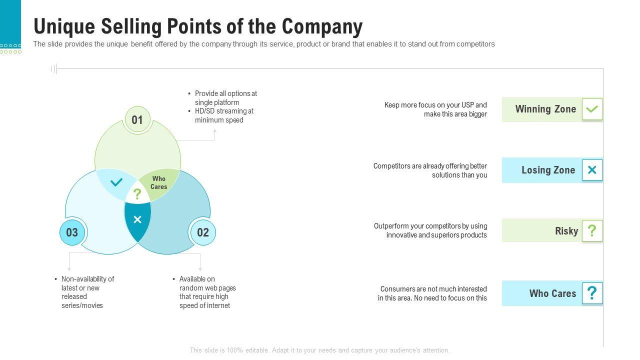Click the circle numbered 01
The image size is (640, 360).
coord(137,120)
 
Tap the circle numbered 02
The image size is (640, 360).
coord(202,232)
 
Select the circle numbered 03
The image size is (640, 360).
coord(72,232)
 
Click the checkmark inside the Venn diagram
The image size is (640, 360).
coord(116,182)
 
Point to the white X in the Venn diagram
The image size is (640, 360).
coord(137,219)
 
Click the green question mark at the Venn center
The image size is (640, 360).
coord(137,194)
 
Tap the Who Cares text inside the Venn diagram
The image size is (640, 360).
coord(158,182)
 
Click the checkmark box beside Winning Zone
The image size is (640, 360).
coord(592,109)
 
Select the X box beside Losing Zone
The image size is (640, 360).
coord(592,170)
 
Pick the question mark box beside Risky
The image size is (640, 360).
coord(592,231)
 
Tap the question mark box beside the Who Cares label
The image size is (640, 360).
coord(592,293)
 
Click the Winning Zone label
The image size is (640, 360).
coord(545,109)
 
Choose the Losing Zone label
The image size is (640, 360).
coord(548,170)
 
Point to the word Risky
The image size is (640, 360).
coord(566,231)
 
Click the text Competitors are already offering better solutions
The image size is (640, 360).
coord(430,170)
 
